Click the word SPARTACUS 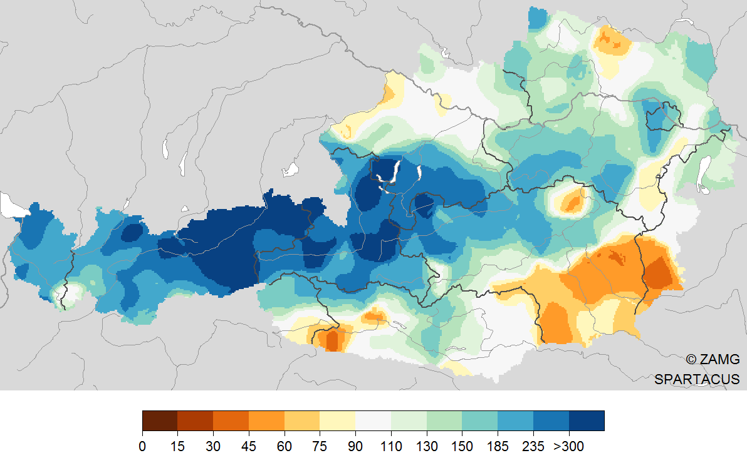[697, 379]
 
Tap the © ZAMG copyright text [713, 359]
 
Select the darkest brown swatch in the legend [160, 420]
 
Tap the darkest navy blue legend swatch [587, 420]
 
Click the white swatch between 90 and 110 [373, 420]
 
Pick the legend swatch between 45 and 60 [266, 420]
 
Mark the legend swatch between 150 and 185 [479, 420]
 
